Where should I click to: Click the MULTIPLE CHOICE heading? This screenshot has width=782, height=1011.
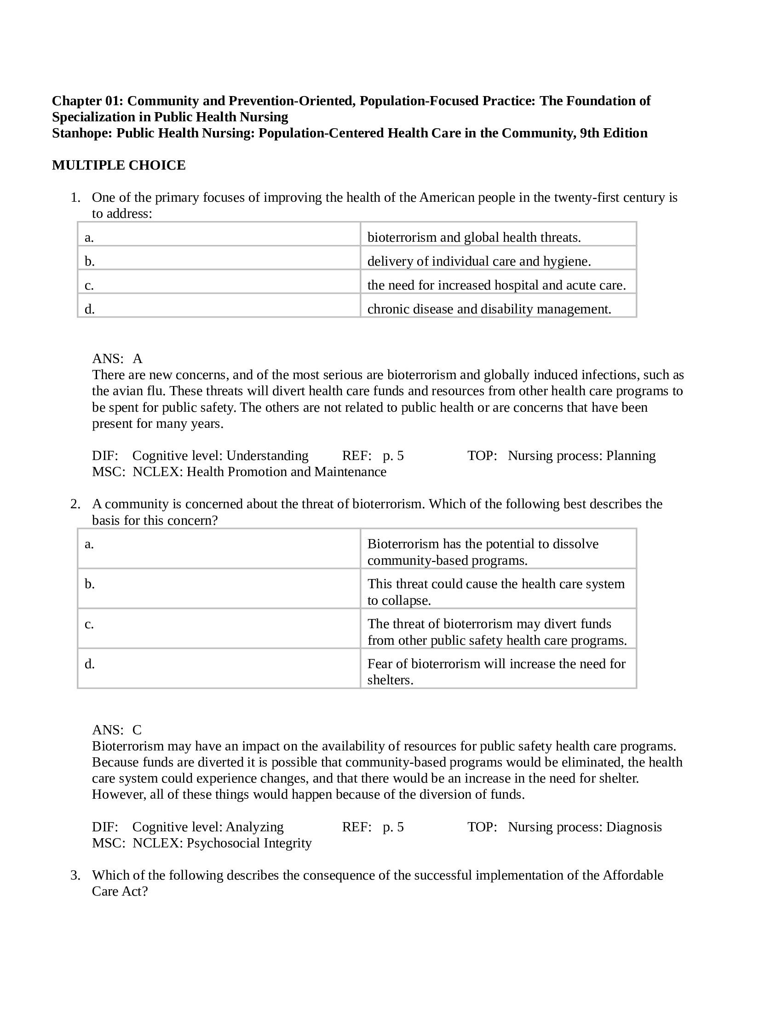pos(119,165)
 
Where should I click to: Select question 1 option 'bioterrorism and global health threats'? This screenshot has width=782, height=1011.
pos(474,238)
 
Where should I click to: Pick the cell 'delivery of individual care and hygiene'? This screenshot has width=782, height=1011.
pos(479,261)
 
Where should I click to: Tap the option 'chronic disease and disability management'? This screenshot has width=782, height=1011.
pos(489,309)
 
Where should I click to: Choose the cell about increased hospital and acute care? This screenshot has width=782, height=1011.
pos(496,285)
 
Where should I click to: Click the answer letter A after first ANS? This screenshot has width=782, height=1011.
pos(137,359)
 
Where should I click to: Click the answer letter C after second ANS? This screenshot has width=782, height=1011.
pos(137,730)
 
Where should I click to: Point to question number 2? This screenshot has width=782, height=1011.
pos(75,504)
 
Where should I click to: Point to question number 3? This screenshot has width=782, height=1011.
pos(75,875)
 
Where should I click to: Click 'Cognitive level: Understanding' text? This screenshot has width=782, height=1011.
pos(220,456)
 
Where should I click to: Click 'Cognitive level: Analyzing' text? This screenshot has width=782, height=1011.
pos(207,827)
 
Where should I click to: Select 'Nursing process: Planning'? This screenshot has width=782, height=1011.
pos(581,456)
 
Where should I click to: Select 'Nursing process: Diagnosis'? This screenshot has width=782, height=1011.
pos(585,827)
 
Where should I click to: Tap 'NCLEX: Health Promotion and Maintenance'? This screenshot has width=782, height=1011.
pos(259,471)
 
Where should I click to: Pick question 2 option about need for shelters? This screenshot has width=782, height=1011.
pos(496,672)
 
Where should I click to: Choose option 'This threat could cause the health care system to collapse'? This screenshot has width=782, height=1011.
pos(496,591)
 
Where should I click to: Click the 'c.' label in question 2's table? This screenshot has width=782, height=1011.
pos(89,624)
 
